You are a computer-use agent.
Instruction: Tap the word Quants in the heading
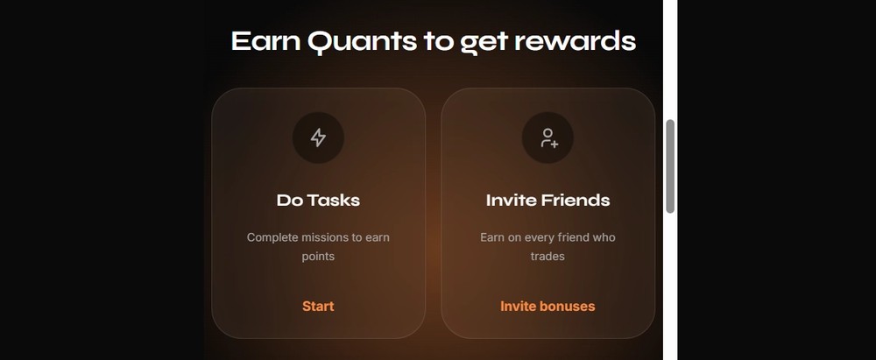click(x=362, y=42)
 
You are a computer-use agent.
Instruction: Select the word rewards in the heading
click(x=575, y=41)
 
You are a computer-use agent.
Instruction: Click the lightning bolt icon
click(x=319, y=138)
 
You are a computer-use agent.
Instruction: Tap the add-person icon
click(x=548, y=138)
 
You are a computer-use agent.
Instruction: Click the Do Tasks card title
click(x=319, y=200)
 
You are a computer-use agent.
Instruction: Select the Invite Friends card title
click(x=548, y=200)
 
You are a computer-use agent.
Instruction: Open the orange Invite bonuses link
click(x=547, y=307)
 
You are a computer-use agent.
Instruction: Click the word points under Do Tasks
click(x=319, y=257)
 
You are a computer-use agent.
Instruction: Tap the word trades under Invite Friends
click(x=547, y=257)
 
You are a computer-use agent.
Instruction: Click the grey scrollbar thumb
click(x=670, y=166)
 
